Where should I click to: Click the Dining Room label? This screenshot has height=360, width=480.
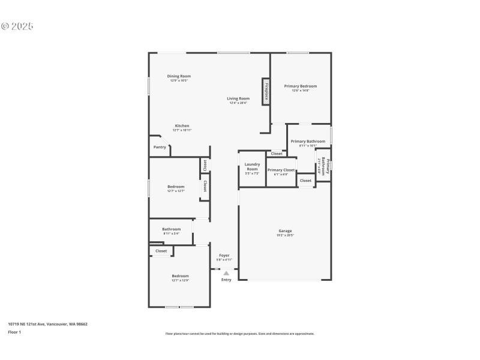tap(179, 76)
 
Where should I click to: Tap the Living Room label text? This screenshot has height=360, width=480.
tap(238, 98)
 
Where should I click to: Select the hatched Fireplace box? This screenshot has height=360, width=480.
tap(265, 92)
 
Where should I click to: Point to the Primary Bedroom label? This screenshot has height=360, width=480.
tap(300, 86)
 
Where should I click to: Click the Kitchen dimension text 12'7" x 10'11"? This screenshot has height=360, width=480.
tap(182, 130)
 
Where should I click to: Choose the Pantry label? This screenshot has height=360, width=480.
tap(160, 147)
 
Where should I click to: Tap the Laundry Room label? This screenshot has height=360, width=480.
tap(251, 166)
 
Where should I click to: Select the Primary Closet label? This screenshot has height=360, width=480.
tap(281, 170)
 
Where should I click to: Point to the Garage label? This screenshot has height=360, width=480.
tap(285, 230)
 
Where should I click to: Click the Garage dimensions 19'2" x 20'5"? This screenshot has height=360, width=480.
tap(285, 235)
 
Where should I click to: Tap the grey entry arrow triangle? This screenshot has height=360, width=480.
tap(226, 273)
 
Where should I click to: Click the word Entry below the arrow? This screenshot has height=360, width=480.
tap(226, 280)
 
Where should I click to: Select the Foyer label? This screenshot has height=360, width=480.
tap(224, 255)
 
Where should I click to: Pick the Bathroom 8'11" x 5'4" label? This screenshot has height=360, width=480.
tap(171, 229)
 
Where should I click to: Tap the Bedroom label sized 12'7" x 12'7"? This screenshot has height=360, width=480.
tap(176, 187)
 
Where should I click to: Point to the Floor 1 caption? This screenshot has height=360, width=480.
tap(14, 332)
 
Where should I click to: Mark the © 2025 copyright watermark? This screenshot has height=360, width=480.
tap(17, 26)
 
